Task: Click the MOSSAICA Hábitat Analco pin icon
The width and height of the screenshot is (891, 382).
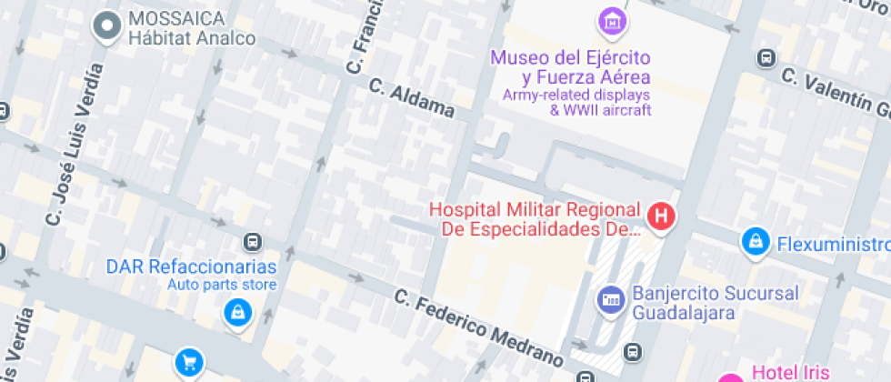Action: pyautogui.click(x=108, y=26)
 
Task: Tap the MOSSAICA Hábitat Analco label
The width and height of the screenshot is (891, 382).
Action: pyautogui.click(x=191, y=28)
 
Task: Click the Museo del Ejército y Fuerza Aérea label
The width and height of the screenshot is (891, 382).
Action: pyautogui.click(x=570, y=68)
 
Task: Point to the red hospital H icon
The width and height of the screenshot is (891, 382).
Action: pyautogui.click(x=662, y=216)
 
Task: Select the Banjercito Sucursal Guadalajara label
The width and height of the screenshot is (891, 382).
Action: pyautogui.click(x=715, y=303)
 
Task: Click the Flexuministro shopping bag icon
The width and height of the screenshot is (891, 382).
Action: pyautogui.click(x=755, y=242)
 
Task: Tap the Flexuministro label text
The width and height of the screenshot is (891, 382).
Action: pyautogui.click(x=831, y=244)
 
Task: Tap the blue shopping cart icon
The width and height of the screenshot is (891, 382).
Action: pyautogui.click(x=188, y=362)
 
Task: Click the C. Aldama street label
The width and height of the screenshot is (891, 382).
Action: pyautogui.click(x=412, y=97)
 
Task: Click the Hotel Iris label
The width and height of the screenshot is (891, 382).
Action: pyautogui.click(x=790, y=372)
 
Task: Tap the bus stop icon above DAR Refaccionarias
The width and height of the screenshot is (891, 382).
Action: pyautogui.click(x=252, y=242)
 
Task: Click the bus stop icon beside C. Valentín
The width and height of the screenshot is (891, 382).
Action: pyautogui.click(x=766, y=59)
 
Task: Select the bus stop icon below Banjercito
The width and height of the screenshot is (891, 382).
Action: pyautogui.click(x=634, y=351)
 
